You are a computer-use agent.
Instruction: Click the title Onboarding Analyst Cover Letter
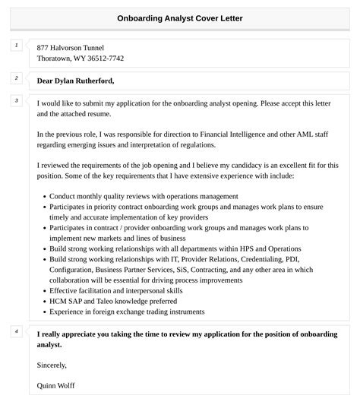180,18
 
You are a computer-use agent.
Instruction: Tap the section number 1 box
16,46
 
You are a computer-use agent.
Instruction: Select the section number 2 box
16,78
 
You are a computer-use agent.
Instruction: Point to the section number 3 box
16,100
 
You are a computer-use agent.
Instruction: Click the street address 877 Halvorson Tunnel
71,47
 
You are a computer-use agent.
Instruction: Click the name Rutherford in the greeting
95,80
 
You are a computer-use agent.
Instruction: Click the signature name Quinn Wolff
55,385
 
